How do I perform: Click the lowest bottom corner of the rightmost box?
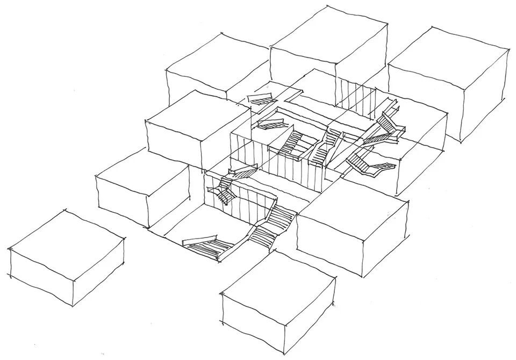(461, 142)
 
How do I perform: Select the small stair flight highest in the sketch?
(262, 99)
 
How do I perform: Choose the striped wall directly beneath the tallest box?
(355, 97)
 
